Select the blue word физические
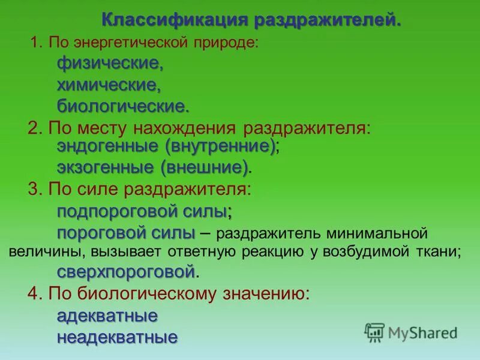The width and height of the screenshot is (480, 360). (x=110, y=63)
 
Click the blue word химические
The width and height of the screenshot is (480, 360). (x=109, y=85)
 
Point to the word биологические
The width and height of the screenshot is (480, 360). (x=122, y=107)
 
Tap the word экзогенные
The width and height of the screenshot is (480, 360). (x=105, y=167)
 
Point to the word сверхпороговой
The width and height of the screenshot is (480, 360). (x=126, y=271)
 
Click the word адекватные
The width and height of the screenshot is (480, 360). (x=107, y=316)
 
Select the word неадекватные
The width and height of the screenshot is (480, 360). (x=117, y=337)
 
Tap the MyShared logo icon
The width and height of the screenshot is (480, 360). (x=374, y=332)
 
